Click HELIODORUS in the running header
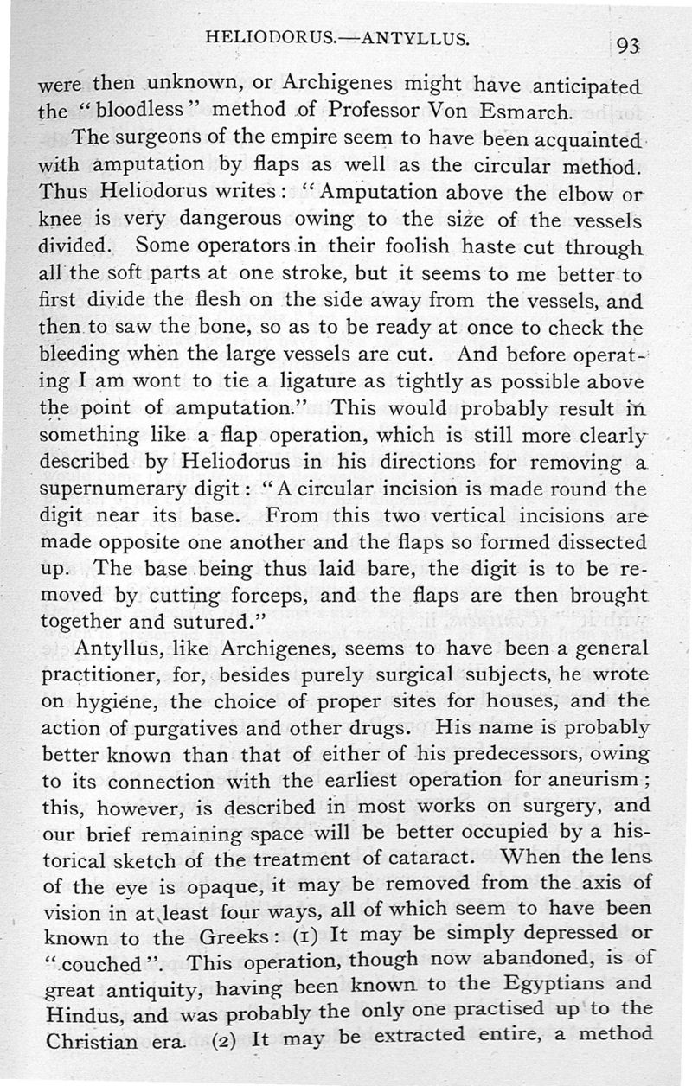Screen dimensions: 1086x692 pyautogui.click(x=265, y=38)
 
